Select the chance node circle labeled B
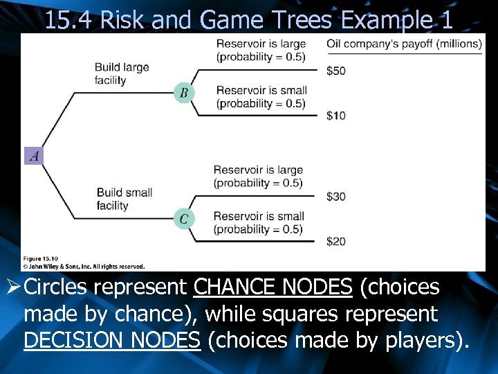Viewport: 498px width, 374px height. pyautogui.click(x=184, y=92)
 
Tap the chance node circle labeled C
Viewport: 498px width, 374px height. pyautogui.click(x=184, y=219)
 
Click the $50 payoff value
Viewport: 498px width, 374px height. pyautogui.click(x=336, y=71)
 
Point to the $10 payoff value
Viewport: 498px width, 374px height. pyautogui.click(x=336, y=115)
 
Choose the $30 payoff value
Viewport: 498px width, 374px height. pyautogui.click(x=336, y=197)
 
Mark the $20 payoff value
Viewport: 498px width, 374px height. pyautogui.click(x=336, y=241)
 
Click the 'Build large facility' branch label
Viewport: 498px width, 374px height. pyautogui.click(x=122, y=74)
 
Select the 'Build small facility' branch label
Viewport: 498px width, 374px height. pyautogui.click(x=124, y=199)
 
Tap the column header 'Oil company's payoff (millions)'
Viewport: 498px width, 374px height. pyautogui.click(x=404, y=44)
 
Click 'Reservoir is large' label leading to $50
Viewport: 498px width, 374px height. pyautogui.click(x=260, y=50)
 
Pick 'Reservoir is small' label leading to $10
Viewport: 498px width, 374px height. pyautogui.click(x=261, y=97)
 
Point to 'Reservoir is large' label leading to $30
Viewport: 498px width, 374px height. pyautogui.click(x=258, y=177)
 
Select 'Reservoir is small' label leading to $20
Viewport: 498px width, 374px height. pyautogui.click(x=258, y=223)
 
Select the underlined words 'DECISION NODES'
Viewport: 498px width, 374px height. pyautogui.click(x=112, y=341)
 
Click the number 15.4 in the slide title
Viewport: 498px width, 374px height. pyautogui.click(x=69, y=20)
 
